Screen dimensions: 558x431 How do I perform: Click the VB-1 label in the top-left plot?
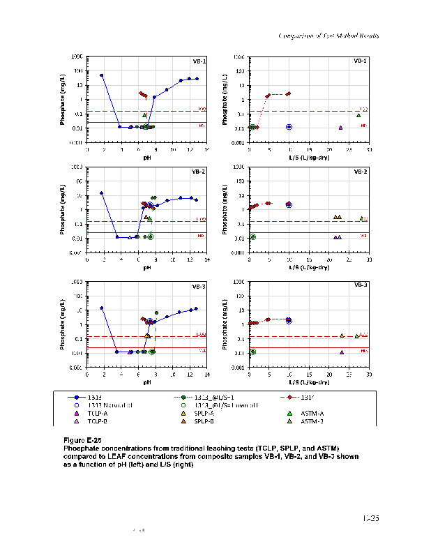pyautogui.click(x=199, y=61)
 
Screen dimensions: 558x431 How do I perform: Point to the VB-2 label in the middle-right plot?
pyautogui.click(x=361, y=171)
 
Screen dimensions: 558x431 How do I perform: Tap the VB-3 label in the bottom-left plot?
pyautogui.click(x=199, y=287)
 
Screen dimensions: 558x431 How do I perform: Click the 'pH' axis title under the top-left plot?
pyautogui.click(x=147, y=158)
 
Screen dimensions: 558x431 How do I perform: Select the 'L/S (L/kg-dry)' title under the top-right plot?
pyautogui.click(x=309, y=158)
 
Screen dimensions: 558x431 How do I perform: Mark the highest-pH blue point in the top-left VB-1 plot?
pyautogui.click(x=197, y=79)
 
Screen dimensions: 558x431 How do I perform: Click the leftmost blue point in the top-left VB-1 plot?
pyautogui.click(x=102, y=75)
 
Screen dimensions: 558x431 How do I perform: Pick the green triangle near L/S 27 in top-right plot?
pyautogui.click(x=358, y=115)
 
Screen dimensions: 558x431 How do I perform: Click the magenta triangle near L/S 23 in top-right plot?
pyautogui.click(x=340, y=128)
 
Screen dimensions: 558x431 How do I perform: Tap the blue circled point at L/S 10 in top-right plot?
pyautogui.click(x=289, y=127)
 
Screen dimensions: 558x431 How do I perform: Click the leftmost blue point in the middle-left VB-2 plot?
pyautogui.click(x=102, y=193)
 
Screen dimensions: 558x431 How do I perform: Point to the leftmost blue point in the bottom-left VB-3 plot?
pyautogui.click(x=102, y=308)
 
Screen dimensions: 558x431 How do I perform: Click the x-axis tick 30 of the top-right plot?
pyautogui.click(x=369, y=149)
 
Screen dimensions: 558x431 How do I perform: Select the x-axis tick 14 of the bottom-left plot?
pyautogui.click(x=207, y=375)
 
